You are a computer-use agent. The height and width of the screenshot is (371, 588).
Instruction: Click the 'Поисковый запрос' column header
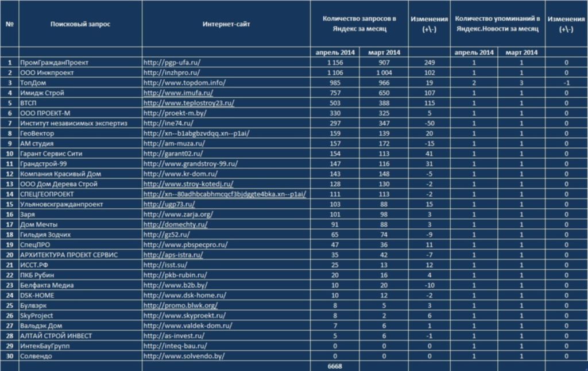pos(80,24)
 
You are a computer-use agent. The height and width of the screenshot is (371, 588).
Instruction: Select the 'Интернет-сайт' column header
pos(226,24)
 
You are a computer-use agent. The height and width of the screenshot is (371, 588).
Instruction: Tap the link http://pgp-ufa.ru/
pos(172,62)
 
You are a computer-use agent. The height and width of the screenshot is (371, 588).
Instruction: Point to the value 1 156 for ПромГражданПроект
pos(335,62)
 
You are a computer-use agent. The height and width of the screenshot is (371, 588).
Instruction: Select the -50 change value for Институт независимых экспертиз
pos(430,123)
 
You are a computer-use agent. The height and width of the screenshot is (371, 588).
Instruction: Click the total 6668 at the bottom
pos(335,366)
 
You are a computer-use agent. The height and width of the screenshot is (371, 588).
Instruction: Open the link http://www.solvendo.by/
pos(184,356)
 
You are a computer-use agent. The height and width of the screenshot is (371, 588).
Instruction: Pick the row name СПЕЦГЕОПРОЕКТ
pos(47,194)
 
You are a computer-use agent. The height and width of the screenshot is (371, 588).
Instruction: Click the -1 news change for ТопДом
pos(566,83)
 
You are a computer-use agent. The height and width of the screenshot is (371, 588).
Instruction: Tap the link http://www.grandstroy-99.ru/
pos(191,164)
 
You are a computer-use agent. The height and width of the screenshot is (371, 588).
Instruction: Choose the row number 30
pos(10,356)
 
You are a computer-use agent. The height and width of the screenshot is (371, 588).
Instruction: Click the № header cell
pos(10,24)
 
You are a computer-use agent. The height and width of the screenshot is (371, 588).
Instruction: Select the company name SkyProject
pos(36,316)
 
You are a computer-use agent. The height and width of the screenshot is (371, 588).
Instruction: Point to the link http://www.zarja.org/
pos(178,215)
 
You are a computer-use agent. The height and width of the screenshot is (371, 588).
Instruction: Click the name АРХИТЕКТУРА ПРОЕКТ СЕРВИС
pos(69,255)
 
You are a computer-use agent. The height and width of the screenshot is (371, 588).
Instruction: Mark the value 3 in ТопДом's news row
pos(521,83)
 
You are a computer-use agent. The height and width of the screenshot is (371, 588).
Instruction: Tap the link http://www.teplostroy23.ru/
pos(188,103)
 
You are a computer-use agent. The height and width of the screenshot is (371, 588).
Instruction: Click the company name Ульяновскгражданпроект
pos(61,204)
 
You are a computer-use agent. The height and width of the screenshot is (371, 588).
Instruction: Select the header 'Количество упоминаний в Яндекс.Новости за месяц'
pos(497,24)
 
